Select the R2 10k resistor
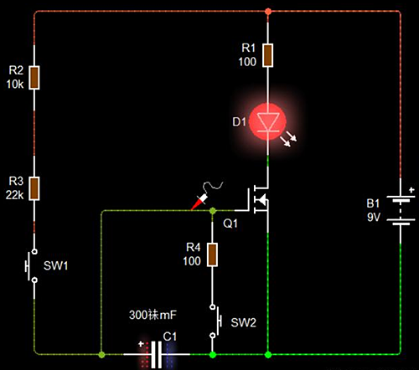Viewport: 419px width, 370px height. coord(34,77)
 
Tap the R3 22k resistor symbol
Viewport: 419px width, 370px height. coord(34,188)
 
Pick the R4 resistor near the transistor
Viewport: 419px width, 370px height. coord(212,255)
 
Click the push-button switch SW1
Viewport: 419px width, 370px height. coord(34,265)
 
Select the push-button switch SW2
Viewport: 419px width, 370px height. coord(214,321)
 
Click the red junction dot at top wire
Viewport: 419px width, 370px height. coord(267,12)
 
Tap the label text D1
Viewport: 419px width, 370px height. coord(238,123)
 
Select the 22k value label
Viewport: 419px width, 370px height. coord(14,193)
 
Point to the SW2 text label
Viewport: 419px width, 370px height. coord(242,322)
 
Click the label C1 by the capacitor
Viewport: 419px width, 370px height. coord(170,337)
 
